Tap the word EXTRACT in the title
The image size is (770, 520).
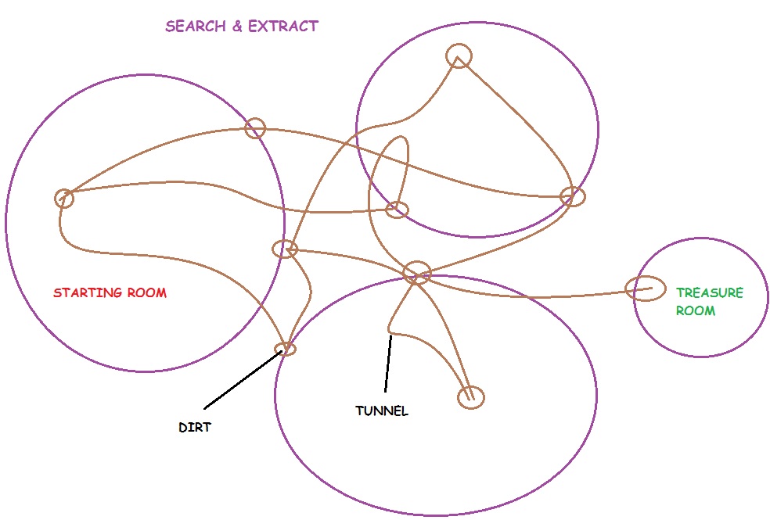[x=282, y=26]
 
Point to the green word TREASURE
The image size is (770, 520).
[x=709, y=293]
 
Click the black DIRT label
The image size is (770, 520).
[x=193, y=428]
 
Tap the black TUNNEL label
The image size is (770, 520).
[x=381, y=411]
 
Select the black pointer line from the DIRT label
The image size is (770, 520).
[x=242, y=380]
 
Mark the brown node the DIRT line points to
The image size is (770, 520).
[x=286, y=348]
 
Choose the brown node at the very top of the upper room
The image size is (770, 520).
[x=459, y=56]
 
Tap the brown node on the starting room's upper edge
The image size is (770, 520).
[x=255, y=128]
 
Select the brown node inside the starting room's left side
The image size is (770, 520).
[x=64, y=198]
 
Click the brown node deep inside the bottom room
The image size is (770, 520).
[x=471, y=396]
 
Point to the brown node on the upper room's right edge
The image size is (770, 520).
[x=572, y=196]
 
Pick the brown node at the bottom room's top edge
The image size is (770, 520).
[x=416, y=272]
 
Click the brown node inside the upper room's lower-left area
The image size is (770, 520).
[x=398, y=209]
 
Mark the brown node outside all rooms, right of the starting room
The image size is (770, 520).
[x=284, y=249]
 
